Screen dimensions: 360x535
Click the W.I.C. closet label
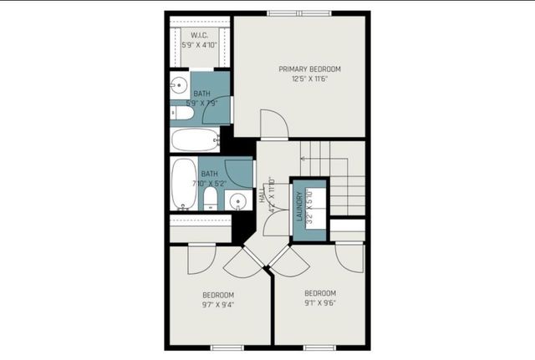point(199,34)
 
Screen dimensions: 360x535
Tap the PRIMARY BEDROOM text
point(309,68)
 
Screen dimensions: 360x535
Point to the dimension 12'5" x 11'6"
point(309,79)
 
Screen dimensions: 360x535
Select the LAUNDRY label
point(298,206)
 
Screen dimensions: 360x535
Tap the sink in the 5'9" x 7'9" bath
point(179,84)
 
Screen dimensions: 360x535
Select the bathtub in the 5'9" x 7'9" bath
point(195,139)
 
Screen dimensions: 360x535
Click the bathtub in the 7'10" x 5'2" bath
point(183,184)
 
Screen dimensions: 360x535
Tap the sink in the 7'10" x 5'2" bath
point(238,200)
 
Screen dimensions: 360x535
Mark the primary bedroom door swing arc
point(273,125)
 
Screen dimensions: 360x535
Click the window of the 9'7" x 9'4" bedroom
point(227,347)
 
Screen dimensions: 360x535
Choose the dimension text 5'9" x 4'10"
point(199,45)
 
